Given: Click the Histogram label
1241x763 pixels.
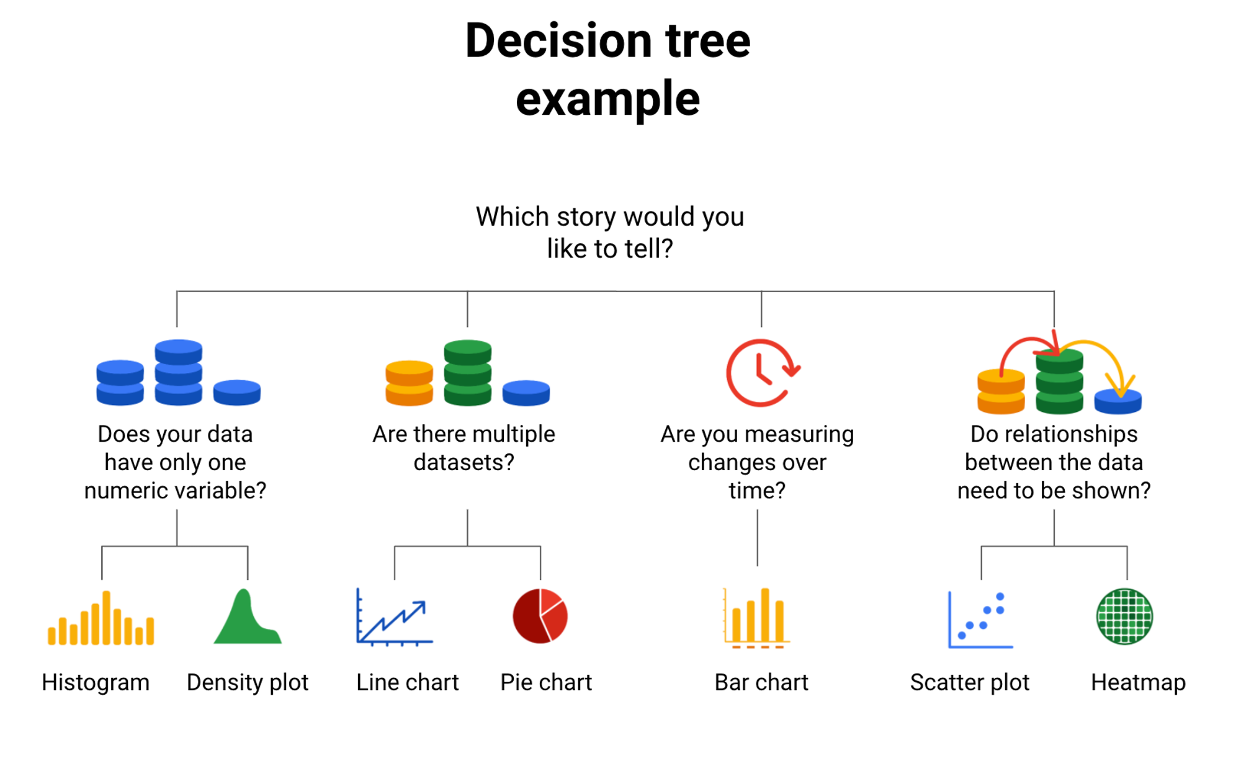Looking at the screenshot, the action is click(96, 682).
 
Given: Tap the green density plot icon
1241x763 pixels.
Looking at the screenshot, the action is click(248, 617).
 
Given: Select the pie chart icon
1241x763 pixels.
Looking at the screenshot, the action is click(540, 616).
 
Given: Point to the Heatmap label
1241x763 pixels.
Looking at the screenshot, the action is click(1138, 682).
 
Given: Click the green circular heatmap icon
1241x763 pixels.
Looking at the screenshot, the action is click(1124, 617).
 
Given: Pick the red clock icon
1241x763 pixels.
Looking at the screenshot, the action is click(763, 373).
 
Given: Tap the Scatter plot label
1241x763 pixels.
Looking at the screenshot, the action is click(969, 682).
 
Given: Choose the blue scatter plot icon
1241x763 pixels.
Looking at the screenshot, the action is click(980, 620).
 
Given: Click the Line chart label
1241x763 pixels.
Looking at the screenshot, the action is click(407, 682).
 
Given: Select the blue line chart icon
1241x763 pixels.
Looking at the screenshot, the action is click(394, 617).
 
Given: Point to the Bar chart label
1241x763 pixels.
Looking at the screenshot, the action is click(761, 682).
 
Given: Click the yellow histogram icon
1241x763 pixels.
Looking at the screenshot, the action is click(101, 618).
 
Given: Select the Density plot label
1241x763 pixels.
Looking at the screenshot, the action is click(248, 682).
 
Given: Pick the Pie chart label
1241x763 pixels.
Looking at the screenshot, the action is click(546, 682).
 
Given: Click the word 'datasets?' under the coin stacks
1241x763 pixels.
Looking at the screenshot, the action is click(464, 462).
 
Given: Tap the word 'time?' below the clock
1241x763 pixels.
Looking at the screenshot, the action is click(757, 491).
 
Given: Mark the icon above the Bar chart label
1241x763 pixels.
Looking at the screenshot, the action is click(756, 618).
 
